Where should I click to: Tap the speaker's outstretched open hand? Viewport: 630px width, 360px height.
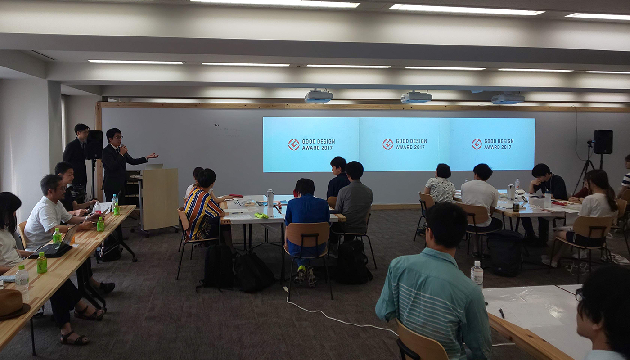click(x=153, y=156)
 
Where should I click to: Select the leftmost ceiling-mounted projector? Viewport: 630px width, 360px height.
click(x=319, y=96)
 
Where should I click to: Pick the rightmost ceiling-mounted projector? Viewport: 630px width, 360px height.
click(x=508, y=99)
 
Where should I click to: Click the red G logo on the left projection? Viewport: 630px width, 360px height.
click(x=293, y=144)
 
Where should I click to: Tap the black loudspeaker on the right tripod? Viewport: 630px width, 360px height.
click(x=603, y=142)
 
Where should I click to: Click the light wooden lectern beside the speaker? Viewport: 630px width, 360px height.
click(x=159, y=199)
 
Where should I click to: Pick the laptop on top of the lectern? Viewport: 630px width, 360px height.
click(x=153, y=166)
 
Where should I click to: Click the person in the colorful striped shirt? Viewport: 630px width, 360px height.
click(x=202, y=207)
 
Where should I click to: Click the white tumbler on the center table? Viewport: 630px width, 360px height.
click(x=270, y=198)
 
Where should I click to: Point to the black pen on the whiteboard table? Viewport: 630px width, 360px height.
click(x=502, y=313)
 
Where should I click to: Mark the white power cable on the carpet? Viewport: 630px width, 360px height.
click(x=340, y=318)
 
